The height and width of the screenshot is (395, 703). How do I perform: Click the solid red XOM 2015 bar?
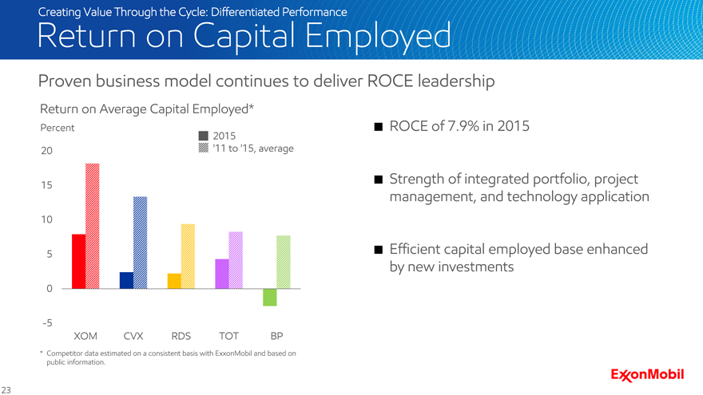pyautogui.click(x=78, y=261)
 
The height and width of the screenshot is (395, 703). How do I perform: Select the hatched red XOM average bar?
pyautogui.click(x=93, y=226)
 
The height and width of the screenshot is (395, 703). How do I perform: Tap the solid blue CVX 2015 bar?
pyautogui.click(x=126, y=280)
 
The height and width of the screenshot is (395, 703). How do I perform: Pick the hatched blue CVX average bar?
pyautogui.click(x=141, y=243)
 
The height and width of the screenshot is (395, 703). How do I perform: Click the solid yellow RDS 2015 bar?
pyautogui.click(x=174, y=281)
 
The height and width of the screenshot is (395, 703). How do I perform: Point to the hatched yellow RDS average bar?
pyautogui.click(x=189, y=256)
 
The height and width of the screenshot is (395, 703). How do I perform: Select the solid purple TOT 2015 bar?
pyautogui.click(x=222, y=274)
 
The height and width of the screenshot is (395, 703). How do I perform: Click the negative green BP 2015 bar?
pyautogui.click(x=270, y=297)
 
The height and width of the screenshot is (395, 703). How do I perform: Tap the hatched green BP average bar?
pyautogui.click(x=284, y=262)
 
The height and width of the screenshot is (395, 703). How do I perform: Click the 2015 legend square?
pyautogui.click(x=204, y=135)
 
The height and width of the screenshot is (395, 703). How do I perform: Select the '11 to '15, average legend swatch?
pyautogui.click(x=204, y=148)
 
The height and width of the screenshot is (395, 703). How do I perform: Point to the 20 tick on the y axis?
pyautogui.click(x=46, y=151)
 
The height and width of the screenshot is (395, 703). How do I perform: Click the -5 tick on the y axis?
pyautogui.click(x=46, y=322)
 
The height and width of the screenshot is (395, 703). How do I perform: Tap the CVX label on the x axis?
pyautogui.click(x=133, y=336)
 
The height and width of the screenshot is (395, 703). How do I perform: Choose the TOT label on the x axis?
pyautogui.click(x=228, y=336)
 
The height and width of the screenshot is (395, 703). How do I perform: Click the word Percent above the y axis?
pyautogui.click(x=58, y=128)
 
